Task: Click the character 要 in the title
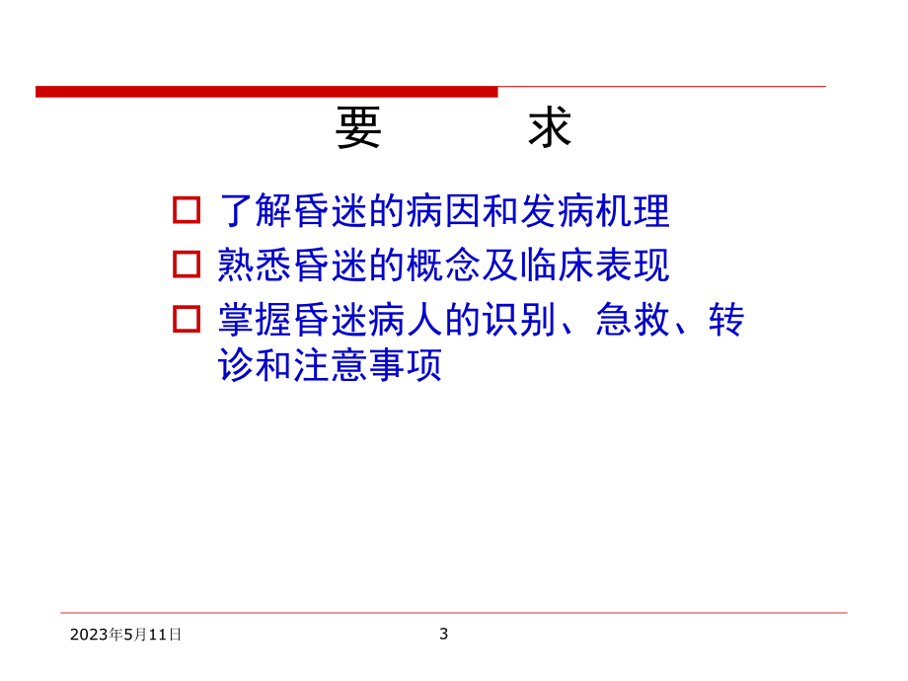(358, 128)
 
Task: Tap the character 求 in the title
(550, 128)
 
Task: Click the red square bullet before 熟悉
(187, 265)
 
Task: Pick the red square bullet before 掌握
(187, 319)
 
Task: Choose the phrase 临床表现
(613, 265)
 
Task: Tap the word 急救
(632, 320)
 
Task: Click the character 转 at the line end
(726, 320)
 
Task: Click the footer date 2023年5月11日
(126, 635)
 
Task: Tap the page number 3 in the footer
(444, 634)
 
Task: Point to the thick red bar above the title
(266, 92)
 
